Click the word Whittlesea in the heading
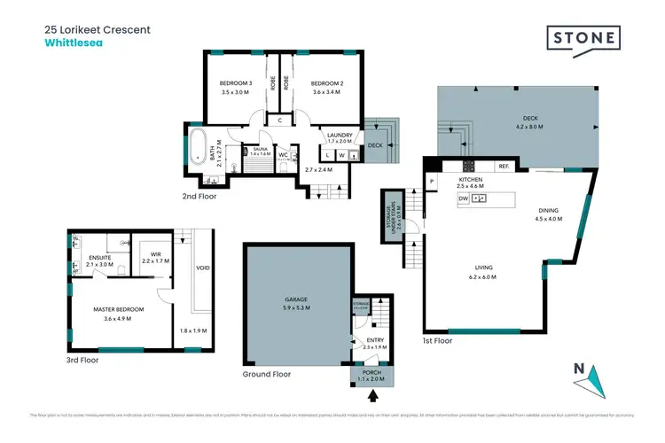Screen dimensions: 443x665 [74, 41]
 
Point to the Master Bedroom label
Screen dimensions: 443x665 [118, 309]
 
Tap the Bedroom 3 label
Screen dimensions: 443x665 [237, 84]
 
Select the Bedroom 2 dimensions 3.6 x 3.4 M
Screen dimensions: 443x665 [326, 92]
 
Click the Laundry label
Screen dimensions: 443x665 [340, 135]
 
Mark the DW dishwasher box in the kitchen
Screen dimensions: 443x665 [464, 199]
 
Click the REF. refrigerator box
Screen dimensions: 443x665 [503, 166]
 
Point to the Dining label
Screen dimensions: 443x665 [549, 211]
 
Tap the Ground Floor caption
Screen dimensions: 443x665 [267, 375]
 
